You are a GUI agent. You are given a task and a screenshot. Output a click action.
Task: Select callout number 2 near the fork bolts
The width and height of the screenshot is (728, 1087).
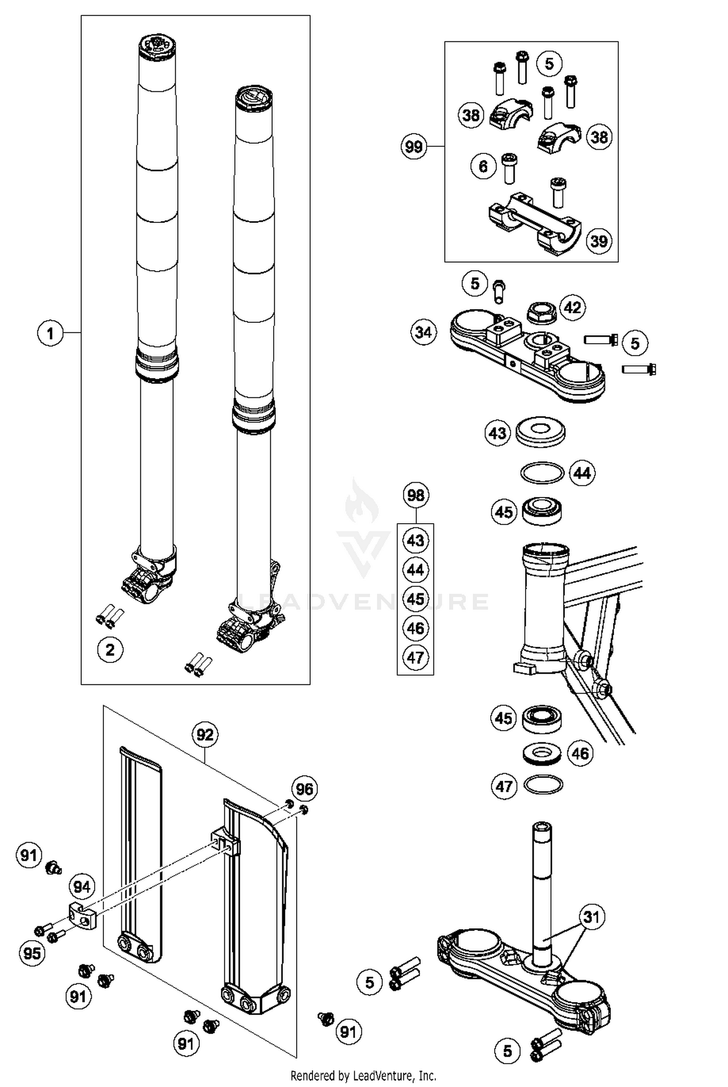click(x=110, y=649)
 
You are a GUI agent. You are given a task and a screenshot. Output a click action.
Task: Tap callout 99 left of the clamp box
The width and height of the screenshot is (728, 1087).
click(x=414, y=146)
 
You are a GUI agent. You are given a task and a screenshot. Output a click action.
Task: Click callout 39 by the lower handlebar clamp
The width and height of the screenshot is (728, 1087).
click(x=599, y=241)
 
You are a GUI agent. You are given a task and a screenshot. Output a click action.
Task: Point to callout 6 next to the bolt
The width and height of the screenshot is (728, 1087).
click(x=483, y=167)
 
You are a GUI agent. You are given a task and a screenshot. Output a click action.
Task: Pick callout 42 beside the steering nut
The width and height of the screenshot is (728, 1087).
click(x=573, y=307)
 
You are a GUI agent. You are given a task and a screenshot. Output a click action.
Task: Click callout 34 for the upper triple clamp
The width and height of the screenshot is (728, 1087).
click(x=423, y=333)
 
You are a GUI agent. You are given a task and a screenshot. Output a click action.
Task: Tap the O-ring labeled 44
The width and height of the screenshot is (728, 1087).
click(x=542, y=473)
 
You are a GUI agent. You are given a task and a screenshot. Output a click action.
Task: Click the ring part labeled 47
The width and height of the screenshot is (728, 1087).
click(x=544, y=784)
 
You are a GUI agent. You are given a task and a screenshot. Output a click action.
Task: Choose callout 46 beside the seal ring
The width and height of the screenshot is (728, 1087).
click(x=580, y=753)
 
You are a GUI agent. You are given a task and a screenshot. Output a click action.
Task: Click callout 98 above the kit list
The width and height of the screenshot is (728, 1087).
click(x=416, y=495)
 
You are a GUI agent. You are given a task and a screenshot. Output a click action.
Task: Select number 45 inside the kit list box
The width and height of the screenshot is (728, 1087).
click(x=415, y=599)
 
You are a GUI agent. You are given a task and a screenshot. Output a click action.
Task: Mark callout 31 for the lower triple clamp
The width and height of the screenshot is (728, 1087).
click(x=591, y=917)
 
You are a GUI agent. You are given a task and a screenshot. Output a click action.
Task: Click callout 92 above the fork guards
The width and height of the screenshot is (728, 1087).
click(x=205, y=734)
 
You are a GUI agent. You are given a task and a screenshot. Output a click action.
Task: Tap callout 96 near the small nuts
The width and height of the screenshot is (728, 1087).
click(x=304, y=789)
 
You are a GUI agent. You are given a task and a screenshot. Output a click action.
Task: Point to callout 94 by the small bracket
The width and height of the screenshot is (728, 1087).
click(x=82, y=887)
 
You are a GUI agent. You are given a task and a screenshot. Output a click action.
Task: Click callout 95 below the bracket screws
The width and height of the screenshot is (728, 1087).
click(x=33, y=953)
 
